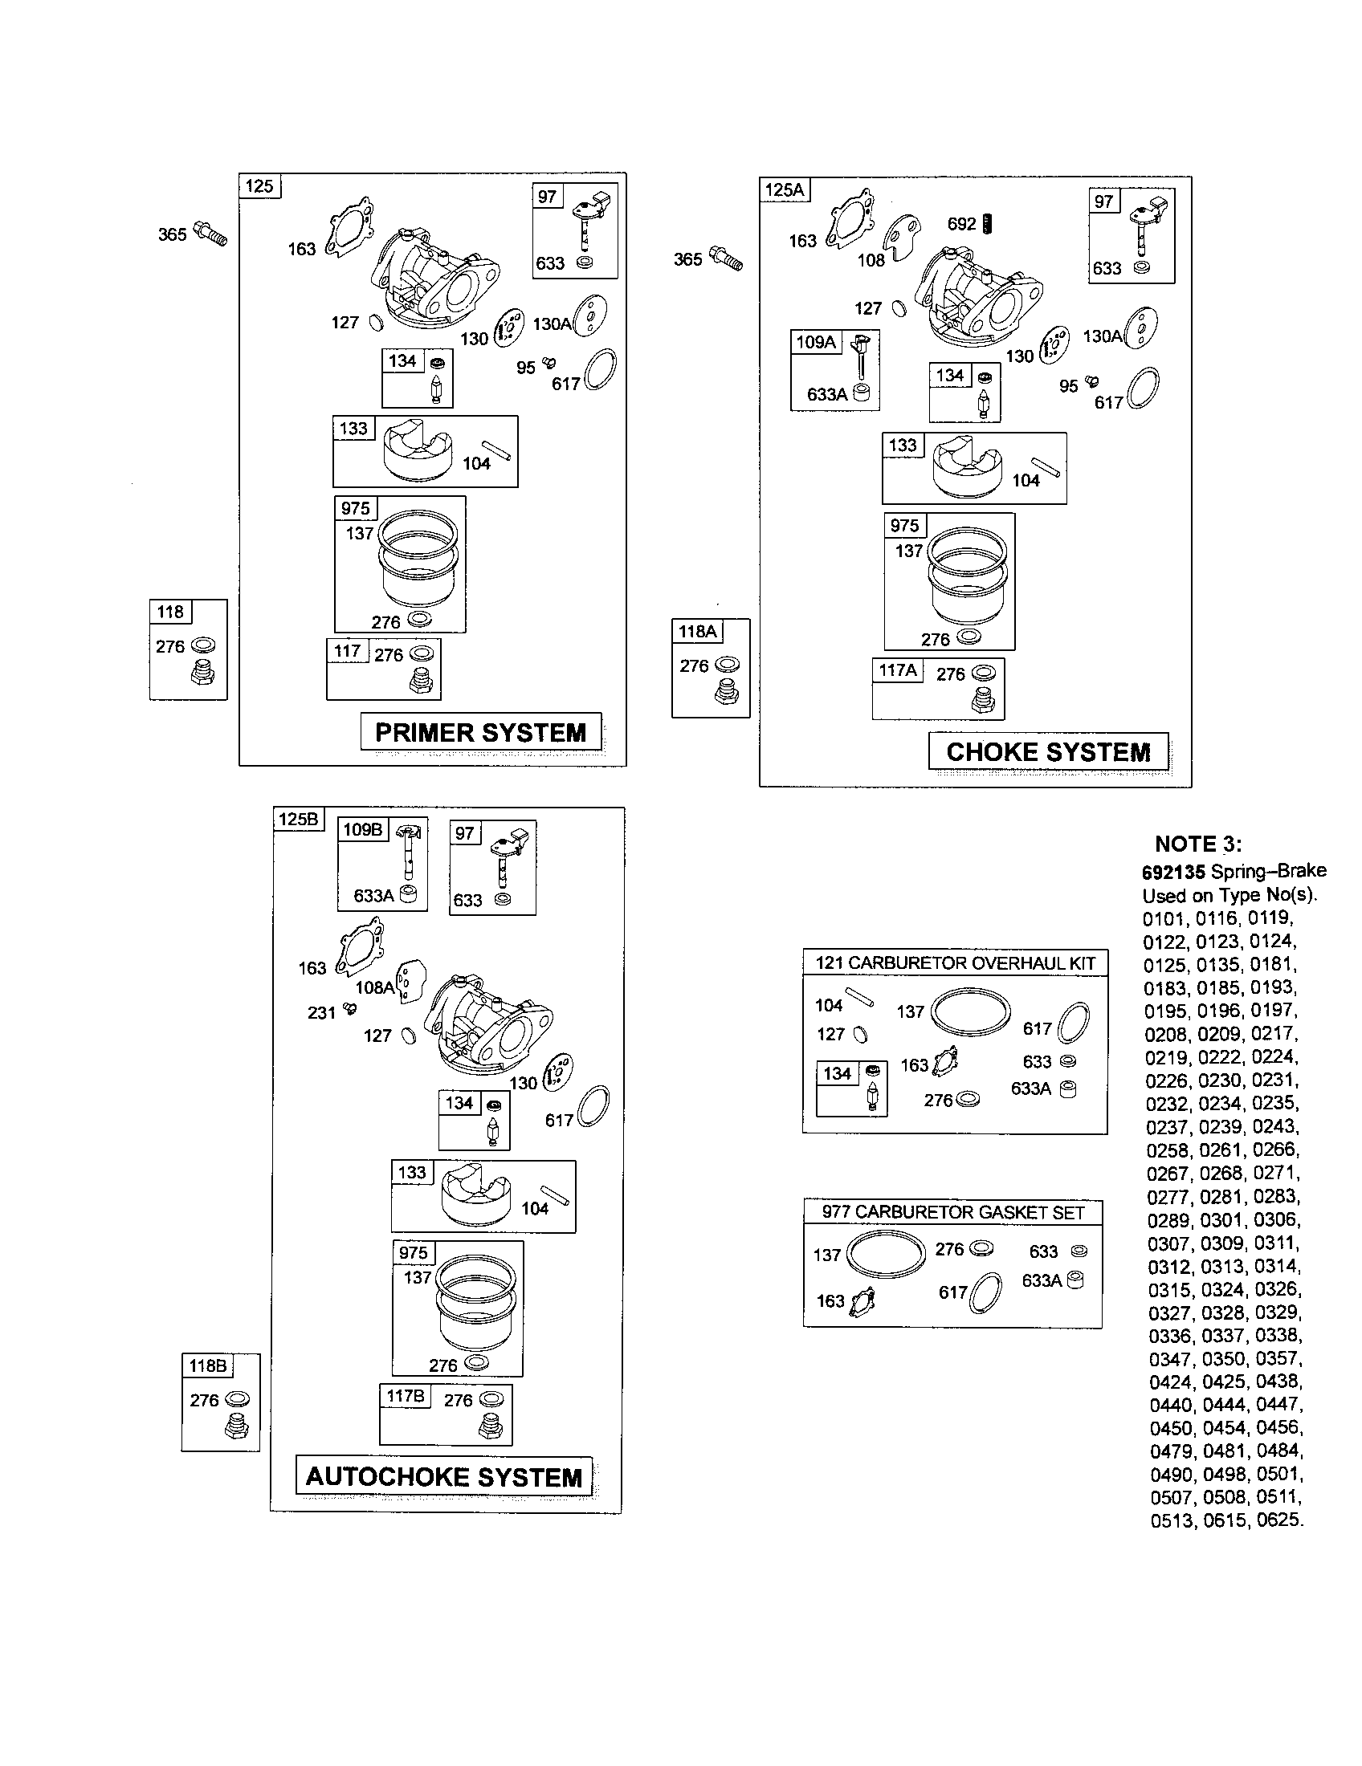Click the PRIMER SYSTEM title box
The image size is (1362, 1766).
pos(480,732)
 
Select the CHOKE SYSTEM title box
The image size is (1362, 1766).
pos(1048,752)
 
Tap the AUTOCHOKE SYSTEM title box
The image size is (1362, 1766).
pos(444,1476)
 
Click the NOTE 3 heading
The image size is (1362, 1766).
pos(1198,844)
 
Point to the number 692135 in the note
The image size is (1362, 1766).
pos(1172,872)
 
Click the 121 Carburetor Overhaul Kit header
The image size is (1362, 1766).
pos(954,963)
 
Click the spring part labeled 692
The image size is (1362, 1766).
pos(987,224)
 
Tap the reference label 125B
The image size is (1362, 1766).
pos(299,819)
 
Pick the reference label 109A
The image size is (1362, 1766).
pos(815,342)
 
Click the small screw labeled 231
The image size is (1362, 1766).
pos(350,1008)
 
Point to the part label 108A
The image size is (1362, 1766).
pos(374,987)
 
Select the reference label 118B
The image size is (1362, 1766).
pos(208,1365)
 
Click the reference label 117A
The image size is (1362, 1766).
pos(898,669)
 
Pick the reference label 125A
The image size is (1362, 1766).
pos(785,190)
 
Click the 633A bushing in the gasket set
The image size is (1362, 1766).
pos(1075,1280)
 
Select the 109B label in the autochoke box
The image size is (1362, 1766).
pos(362,830)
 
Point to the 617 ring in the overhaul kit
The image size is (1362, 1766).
pos(1074,1023)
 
